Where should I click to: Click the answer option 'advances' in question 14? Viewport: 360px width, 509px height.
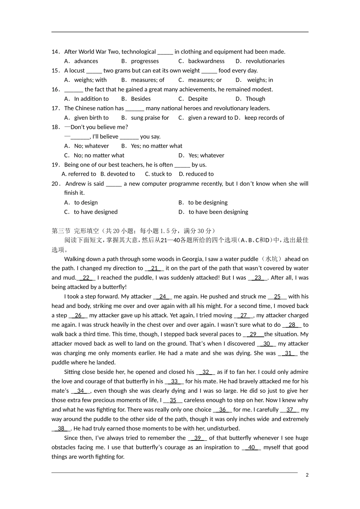(x=86, y=61)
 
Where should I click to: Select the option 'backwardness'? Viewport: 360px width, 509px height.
(x=206, y=61)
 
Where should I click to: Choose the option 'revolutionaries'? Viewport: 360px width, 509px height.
(x=265, y=61)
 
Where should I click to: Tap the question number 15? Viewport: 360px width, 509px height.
(x=55, y=71)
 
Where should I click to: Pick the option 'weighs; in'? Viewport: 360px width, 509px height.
(x=260, y=80)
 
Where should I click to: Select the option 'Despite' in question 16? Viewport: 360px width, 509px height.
(x=198, y=99)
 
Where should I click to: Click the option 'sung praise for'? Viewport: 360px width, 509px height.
(x=150, y=118)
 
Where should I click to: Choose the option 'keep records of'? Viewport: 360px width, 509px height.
(x=264, y=118)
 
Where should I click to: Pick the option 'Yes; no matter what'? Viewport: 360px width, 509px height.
(x=157, y=146)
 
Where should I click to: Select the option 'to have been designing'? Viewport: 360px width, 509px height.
(x=218, y=212)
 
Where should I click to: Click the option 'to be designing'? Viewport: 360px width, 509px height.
(x=208, y=203)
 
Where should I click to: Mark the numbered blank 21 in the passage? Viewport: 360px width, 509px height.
(x=154, y=269)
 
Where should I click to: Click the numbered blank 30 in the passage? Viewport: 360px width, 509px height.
(x=266, y=344)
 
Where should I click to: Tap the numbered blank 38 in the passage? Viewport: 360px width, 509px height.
(x=61, y=429)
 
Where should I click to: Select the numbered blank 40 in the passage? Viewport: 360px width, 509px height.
(x=251, y=448)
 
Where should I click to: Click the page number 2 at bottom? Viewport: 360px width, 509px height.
(x=307, y=475)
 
